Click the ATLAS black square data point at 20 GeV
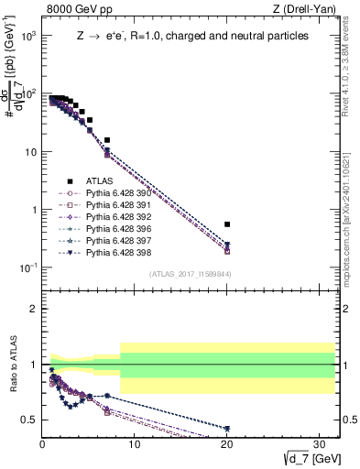tap(227, 224)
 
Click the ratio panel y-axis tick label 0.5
tap(29, 420)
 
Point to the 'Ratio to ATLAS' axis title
tap(12, 365)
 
